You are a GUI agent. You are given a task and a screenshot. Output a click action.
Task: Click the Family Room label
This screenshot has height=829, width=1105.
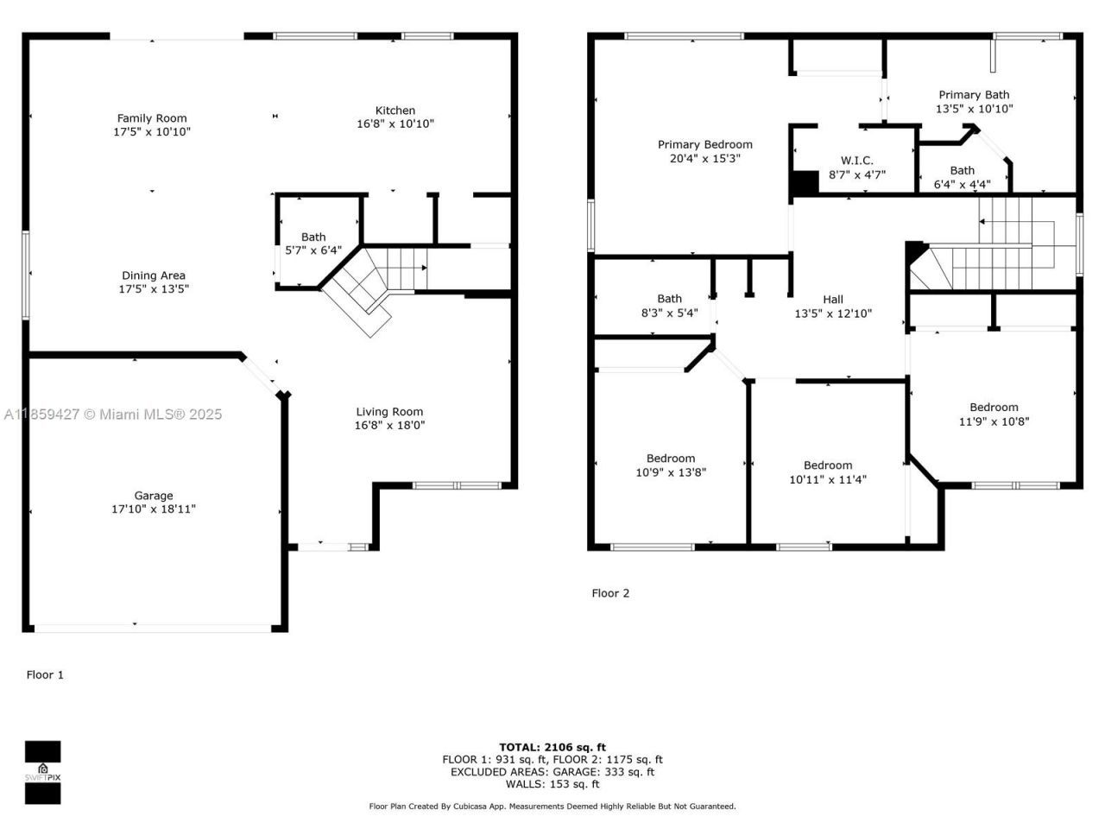pos(152,119)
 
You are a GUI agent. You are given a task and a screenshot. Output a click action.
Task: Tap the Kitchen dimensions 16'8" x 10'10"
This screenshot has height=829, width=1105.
pos(395,123)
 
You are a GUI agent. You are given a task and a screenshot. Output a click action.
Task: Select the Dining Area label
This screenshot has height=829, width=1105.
pos(154,276)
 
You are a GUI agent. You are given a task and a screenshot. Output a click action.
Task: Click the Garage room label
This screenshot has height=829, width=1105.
pos(154,496)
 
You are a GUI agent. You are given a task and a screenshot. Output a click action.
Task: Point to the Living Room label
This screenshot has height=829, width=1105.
pos(389,412)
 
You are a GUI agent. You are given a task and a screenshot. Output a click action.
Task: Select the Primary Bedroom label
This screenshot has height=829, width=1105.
pos(704,145)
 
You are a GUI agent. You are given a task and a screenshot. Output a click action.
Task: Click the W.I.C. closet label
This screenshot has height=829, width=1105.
pos(856,161)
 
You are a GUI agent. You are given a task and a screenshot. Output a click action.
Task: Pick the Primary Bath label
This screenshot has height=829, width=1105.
pos(974,95)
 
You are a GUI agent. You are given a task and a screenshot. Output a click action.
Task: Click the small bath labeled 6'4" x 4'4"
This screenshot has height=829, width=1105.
pos(962,177)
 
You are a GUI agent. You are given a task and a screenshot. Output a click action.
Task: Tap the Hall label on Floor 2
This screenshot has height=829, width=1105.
pos(833,300)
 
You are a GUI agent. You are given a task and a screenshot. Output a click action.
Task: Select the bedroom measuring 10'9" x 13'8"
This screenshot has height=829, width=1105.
pos(671,465)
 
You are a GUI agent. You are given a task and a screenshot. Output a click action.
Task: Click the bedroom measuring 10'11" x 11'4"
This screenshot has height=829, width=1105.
pos(827,472)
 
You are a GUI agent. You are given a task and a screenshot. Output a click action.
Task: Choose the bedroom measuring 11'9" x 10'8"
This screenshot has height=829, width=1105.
pos(994,414)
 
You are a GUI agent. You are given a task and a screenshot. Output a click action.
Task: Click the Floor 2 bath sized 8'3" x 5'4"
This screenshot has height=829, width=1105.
pos(669,306)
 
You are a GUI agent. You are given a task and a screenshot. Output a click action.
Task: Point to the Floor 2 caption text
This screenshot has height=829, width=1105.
pos(610,593)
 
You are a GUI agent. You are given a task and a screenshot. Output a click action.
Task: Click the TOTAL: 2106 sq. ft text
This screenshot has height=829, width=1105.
pos(552,747)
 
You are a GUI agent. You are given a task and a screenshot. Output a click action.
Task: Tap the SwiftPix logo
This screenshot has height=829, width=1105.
pos(42,772)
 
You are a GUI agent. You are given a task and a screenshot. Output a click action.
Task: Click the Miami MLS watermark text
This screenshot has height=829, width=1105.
pos(113,414)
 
